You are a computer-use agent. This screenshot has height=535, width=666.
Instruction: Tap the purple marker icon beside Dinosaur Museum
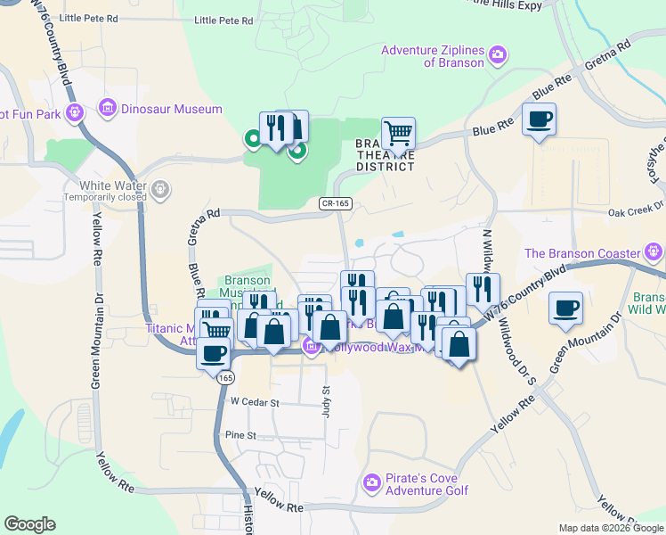point(108,109)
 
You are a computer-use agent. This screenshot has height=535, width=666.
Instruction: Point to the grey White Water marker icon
point(160,188)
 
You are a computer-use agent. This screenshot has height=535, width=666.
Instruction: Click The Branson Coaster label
point(583,252)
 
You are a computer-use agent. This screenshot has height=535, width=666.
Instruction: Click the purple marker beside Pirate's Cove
point(372,483)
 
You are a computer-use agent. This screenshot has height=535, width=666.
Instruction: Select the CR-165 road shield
point(337,204)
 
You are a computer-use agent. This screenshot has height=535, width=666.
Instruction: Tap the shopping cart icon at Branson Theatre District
point(399,134)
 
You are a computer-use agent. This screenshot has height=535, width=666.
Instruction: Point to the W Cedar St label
point(256,402)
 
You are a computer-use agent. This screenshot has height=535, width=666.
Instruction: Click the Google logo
point(29,524)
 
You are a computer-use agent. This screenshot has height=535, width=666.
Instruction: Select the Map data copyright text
point(612,528)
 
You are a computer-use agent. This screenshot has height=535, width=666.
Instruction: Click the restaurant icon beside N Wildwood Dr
point(483,289)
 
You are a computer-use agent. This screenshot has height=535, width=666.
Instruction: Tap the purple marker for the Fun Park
point(75,112)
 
